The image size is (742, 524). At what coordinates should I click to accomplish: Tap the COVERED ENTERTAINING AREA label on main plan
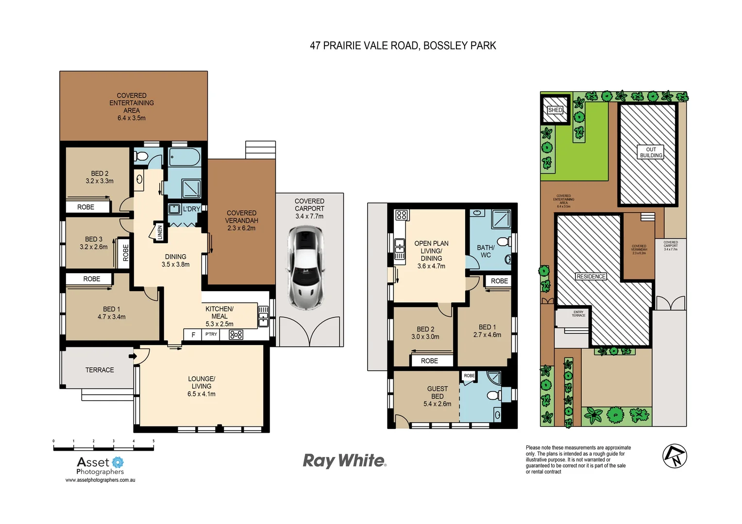click(x=132, y=106)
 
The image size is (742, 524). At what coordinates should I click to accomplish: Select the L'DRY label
click(x=191, y=209)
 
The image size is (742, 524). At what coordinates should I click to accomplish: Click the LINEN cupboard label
click(x=160, y=232)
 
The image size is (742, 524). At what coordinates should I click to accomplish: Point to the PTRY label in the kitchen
click(x=211, y=334)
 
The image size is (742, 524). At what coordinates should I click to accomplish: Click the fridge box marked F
click(x=193, y=335)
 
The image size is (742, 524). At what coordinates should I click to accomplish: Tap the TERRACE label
click(x=100, y=370)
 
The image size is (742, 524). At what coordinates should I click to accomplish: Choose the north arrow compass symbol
click(x=675, y=456)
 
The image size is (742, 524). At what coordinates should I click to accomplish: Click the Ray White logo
click(x=344, y=460)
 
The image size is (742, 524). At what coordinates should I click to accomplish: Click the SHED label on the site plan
click(x=555, y=110)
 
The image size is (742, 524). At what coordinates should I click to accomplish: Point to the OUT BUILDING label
click(x=651, y=152)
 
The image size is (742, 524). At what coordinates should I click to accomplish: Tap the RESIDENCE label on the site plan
click(x=591, y=277)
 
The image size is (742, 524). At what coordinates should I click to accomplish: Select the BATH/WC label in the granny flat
click(x=486, y=251)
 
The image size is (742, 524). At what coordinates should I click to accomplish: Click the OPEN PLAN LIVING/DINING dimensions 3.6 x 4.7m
click(x=431, y=266)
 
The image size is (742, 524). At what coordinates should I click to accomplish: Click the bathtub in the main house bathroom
click(x=185, y=157)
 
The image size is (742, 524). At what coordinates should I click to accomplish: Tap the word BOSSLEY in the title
click(x=439, y=46)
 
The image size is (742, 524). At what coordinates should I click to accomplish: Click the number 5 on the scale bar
click(x=153, y=442)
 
